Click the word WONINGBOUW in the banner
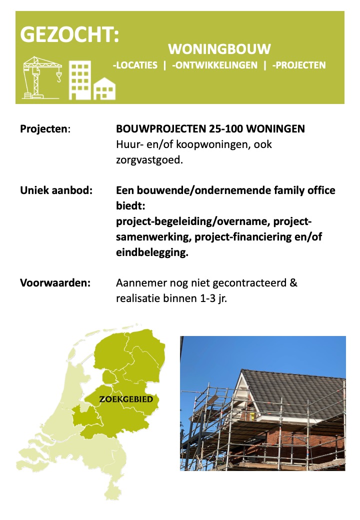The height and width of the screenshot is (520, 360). pyautogui.click(x=219, y=49)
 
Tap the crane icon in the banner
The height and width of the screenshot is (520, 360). pyautogui.click(x=43, y=76)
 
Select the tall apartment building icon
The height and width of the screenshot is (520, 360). pyautogui.click(x=79, y=80)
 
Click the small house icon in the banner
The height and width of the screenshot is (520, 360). pyautogui.click(x=105, y=88)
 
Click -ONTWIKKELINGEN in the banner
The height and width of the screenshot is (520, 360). pyautogui.click(x=215, y=65)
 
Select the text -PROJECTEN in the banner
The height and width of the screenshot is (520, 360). pyautogui.click(x=299, y=65)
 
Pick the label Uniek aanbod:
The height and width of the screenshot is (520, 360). pyautogui.click(x=56, y=190)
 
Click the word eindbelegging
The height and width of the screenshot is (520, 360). pyautogui.click(x=151, y=252)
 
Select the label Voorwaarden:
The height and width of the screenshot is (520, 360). pyautogui.click(x=55, y=282)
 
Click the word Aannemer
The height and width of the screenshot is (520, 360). pyautogui.click(x=136, y=282)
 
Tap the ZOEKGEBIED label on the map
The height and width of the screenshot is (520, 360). pyautogui.click(x=126, y=399)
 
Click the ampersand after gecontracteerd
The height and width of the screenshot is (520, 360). pyautogui.click(x=293, y=282)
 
